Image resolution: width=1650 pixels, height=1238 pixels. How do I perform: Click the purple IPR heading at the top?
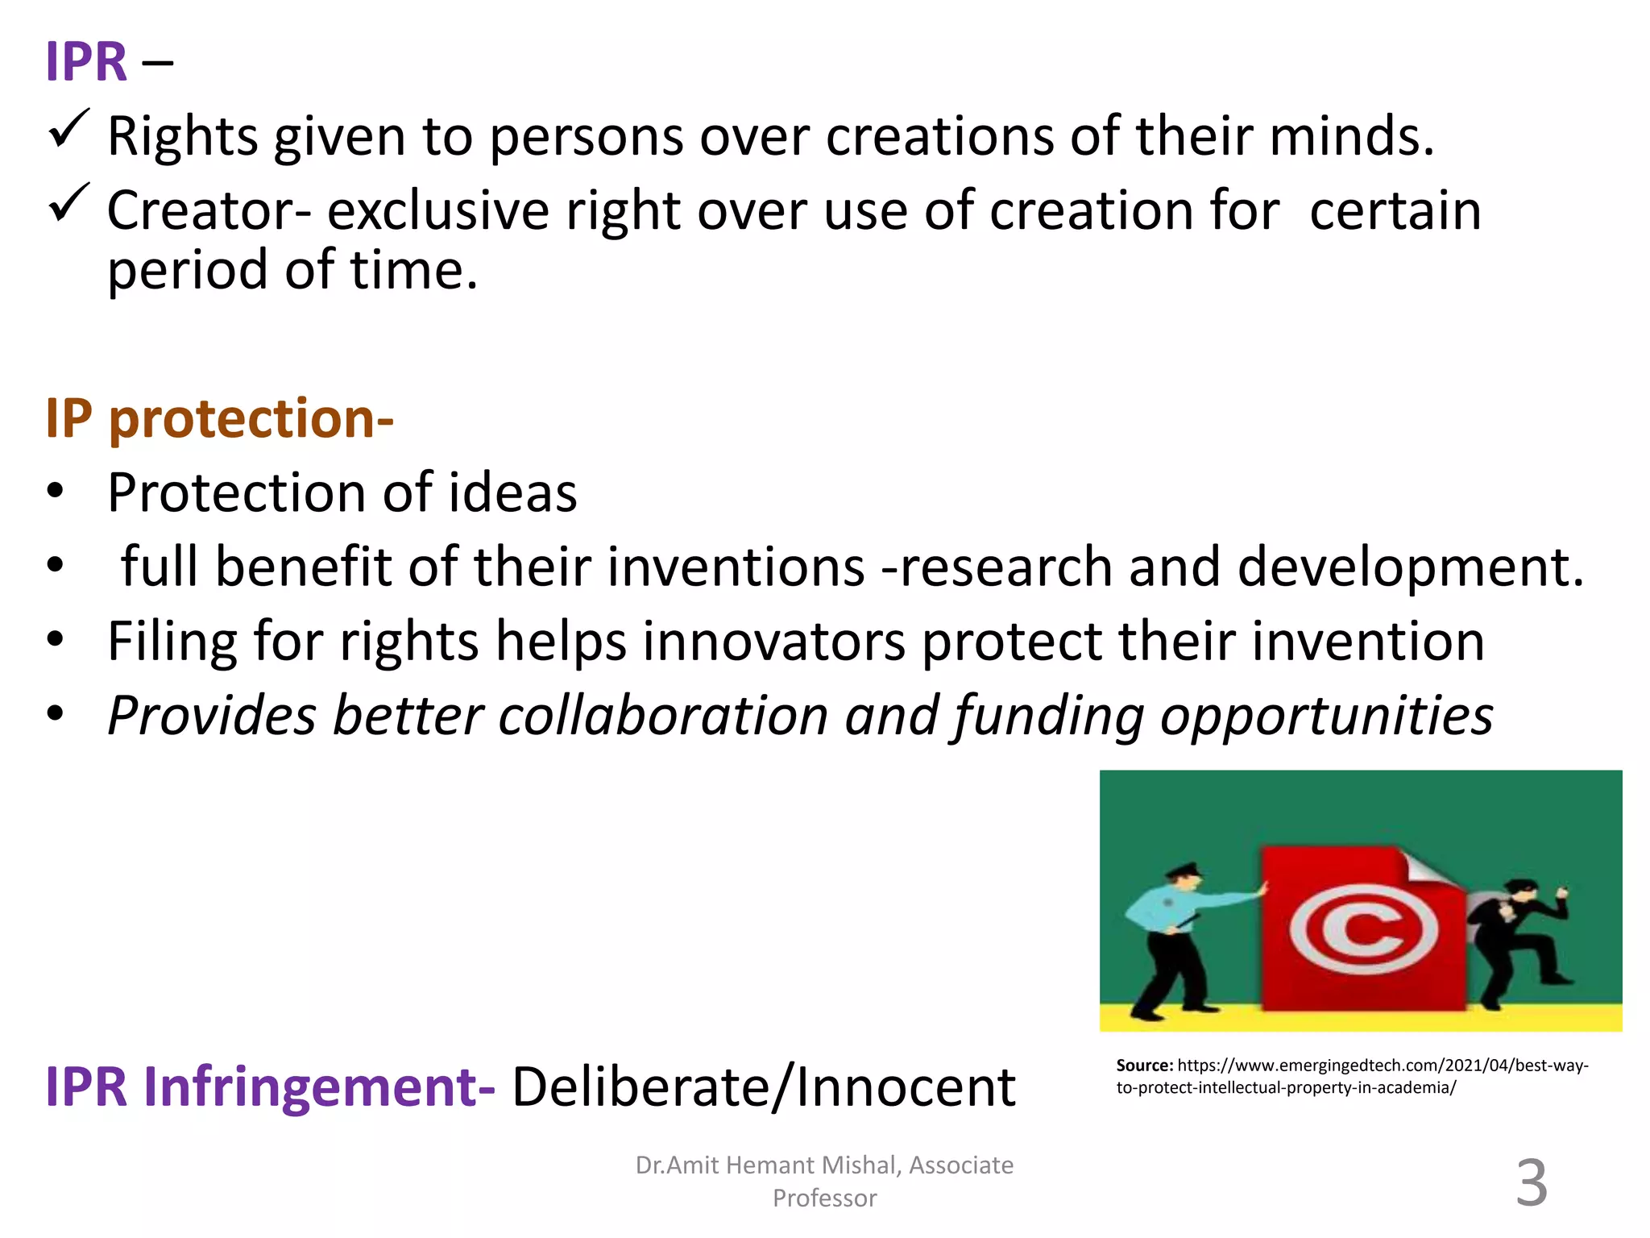coord(86,62)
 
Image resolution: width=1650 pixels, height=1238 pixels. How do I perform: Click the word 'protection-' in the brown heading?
coord(251,419)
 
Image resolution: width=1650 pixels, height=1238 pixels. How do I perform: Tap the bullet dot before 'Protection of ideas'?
coord(55,491)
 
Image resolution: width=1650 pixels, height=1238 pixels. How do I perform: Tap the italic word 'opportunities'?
coord(1326,716)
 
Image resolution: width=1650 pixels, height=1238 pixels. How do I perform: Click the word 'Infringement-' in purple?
coord(319,1087)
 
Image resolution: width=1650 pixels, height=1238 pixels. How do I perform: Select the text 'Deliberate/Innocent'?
coord(763,1087)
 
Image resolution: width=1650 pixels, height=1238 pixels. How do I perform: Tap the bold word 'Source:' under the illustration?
coord(1144,1066)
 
